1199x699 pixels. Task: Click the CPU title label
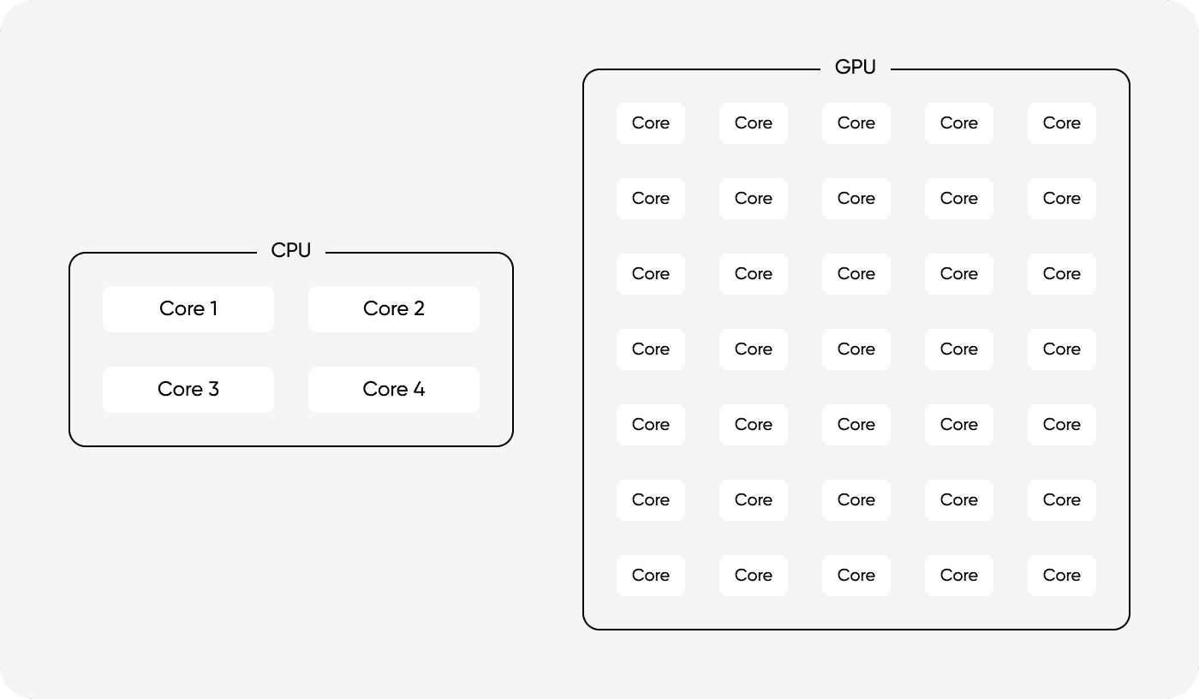291,251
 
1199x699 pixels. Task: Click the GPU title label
856,68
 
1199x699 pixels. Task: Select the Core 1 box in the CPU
188,308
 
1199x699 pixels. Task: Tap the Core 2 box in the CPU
394,308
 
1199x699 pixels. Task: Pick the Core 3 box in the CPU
188,389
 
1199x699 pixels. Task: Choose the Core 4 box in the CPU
394,389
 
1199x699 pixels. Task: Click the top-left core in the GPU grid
651,123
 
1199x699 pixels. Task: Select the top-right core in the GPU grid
1062,123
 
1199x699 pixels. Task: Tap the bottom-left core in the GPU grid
651,576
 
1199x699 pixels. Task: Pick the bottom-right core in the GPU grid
1062,576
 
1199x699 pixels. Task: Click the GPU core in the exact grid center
856,349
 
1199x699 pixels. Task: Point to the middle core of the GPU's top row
856,123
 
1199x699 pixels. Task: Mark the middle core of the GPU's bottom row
856,576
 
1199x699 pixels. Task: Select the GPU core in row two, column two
754,199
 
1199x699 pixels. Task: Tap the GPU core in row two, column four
959,199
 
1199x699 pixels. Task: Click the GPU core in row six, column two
754,500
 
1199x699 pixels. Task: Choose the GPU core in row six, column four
959,500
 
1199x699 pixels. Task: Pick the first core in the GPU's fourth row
651,349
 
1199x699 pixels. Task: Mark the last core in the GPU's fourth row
1062,349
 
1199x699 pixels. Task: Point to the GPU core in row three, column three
856,274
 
